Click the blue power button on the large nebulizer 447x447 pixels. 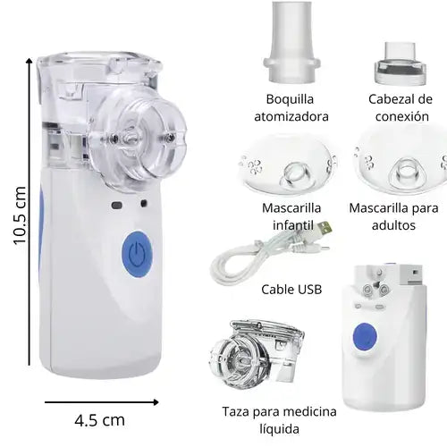point(135,252)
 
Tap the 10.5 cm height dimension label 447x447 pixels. point(20,214)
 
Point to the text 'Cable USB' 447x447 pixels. point(291,290)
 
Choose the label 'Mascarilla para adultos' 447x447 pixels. point(394,215)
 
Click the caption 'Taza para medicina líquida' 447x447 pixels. point(279,420)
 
